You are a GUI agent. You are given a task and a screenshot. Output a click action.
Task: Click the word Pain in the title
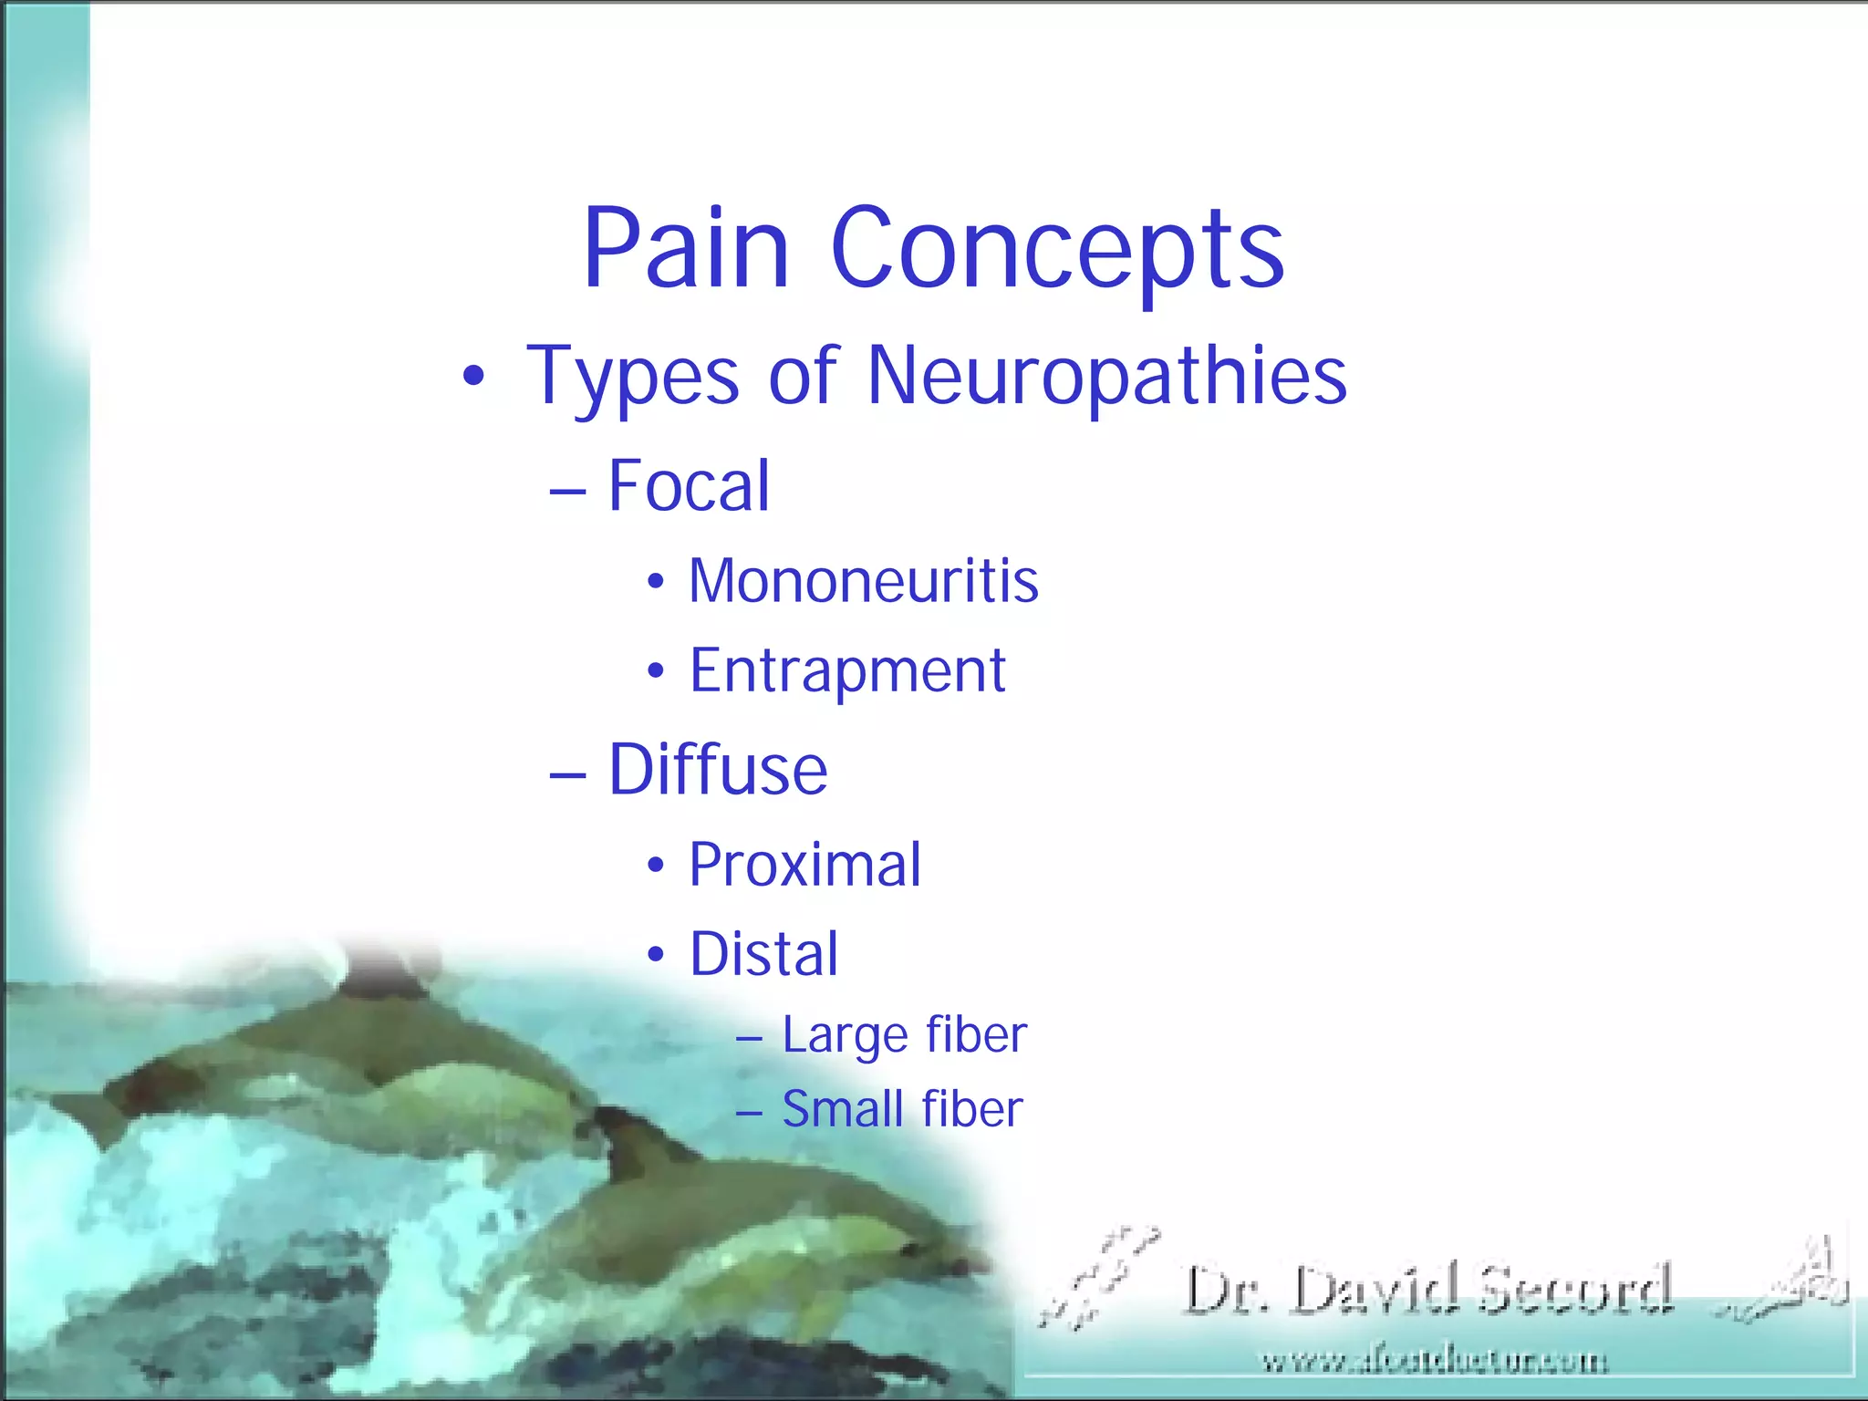coord(686,248)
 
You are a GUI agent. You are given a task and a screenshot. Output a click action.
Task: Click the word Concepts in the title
coord(1058,248)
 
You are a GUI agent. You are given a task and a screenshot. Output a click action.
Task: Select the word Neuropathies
coord(1106,376)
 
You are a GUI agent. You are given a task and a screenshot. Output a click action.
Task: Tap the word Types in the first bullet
coord(632,376)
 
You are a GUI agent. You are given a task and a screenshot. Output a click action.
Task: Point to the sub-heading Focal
coord(689,485)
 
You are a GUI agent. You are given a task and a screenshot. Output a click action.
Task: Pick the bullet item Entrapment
coord(847,671)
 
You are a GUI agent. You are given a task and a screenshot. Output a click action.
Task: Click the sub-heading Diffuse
coord(718,770)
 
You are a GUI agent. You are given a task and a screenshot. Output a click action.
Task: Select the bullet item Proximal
coord(804,864)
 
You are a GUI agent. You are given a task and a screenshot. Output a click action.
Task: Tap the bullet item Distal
coord(763,954)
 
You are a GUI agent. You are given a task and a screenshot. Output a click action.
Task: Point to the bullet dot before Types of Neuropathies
coord(472,377)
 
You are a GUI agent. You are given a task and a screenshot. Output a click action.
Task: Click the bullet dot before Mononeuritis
coord(656,582)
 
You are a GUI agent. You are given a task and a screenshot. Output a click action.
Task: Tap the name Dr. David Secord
coord(1428,1289)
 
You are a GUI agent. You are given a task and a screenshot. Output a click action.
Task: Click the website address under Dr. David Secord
coord(1434,1363)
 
